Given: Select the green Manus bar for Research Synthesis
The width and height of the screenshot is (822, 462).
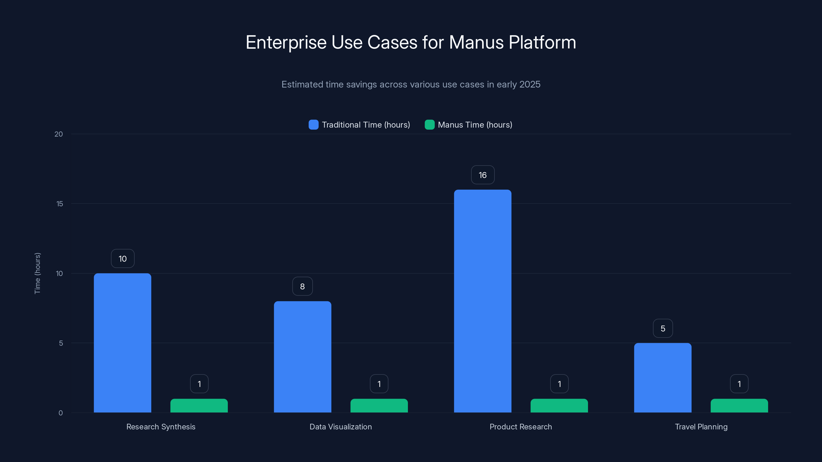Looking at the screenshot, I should click(x=199, y=406).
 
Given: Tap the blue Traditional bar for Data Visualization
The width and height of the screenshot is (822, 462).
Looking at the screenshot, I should click(x=303, y=357).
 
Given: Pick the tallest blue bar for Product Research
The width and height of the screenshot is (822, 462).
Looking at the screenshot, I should click(x=482, y=301).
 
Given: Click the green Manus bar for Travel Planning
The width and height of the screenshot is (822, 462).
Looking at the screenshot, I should click(x=739, y=406).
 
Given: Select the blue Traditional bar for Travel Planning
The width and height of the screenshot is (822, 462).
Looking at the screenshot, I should click(x=662, y=378).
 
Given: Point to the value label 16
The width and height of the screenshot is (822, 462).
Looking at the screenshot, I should click(x=482, y=175).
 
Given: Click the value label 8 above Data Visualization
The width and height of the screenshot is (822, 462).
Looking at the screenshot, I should click(x=303, y=286).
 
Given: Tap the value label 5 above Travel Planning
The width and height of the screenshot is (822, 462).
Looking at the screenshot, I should click(x=663, y=329).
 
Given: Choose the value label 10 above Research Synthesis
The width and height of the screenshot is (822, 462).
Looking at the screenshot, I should click(x=123, y=258).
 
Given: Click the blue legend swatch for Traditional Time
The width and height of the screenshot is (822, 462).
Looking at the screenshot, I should click(x=313, y=125).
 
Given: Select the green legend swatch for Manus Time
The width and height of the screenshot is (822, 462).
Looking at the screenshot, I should click(x=429, y=125).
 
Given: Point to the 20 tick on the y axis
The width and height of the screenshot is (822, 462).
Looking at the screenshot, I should click(x=59, y=134).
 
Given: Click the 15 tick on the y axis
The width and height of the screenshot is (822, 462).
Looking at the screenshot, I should click(x=60, y=204).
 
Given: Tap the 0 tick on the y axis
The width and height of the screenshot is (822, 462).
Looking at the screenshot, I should click(x=61, y=413).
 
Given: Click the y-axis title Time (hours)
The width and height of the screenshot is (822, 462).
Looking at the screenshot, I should click(x=37, y=273).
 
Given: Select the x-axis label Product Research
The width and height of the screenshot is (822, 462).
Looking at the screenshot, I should click(x=520, y=427).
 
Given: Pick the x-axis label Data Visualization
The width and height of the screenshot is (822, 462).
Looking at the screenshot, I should click(x=340, y=427).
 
